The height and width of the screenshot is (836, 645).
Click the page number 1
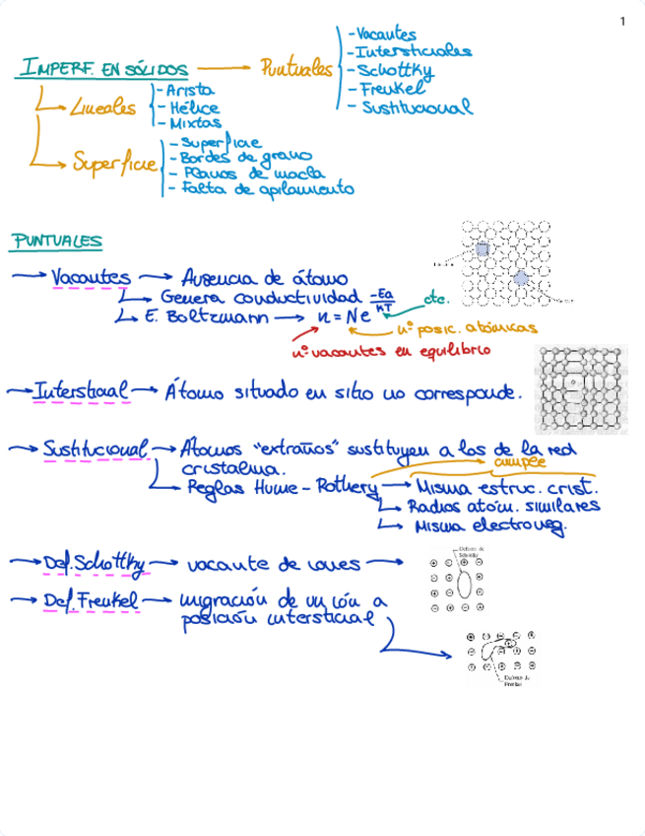622,22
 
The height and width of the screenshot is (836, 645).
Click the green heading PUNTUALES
56,241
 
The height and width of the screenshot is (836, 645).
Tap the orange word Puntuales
295,68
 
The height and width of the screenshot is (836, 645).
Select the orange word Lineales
103,108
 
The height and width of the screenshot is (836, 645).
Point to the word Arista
191,89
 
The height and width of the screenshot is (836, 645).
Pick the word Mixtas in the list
195,124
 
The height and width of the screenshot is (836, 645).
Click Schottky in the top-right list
395,70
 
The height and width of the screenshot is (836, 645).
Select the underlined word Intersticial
81,391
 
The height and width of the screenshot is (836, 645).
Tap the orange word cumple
520,461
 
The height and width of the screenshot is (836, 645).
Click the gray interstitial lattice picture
580,389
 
